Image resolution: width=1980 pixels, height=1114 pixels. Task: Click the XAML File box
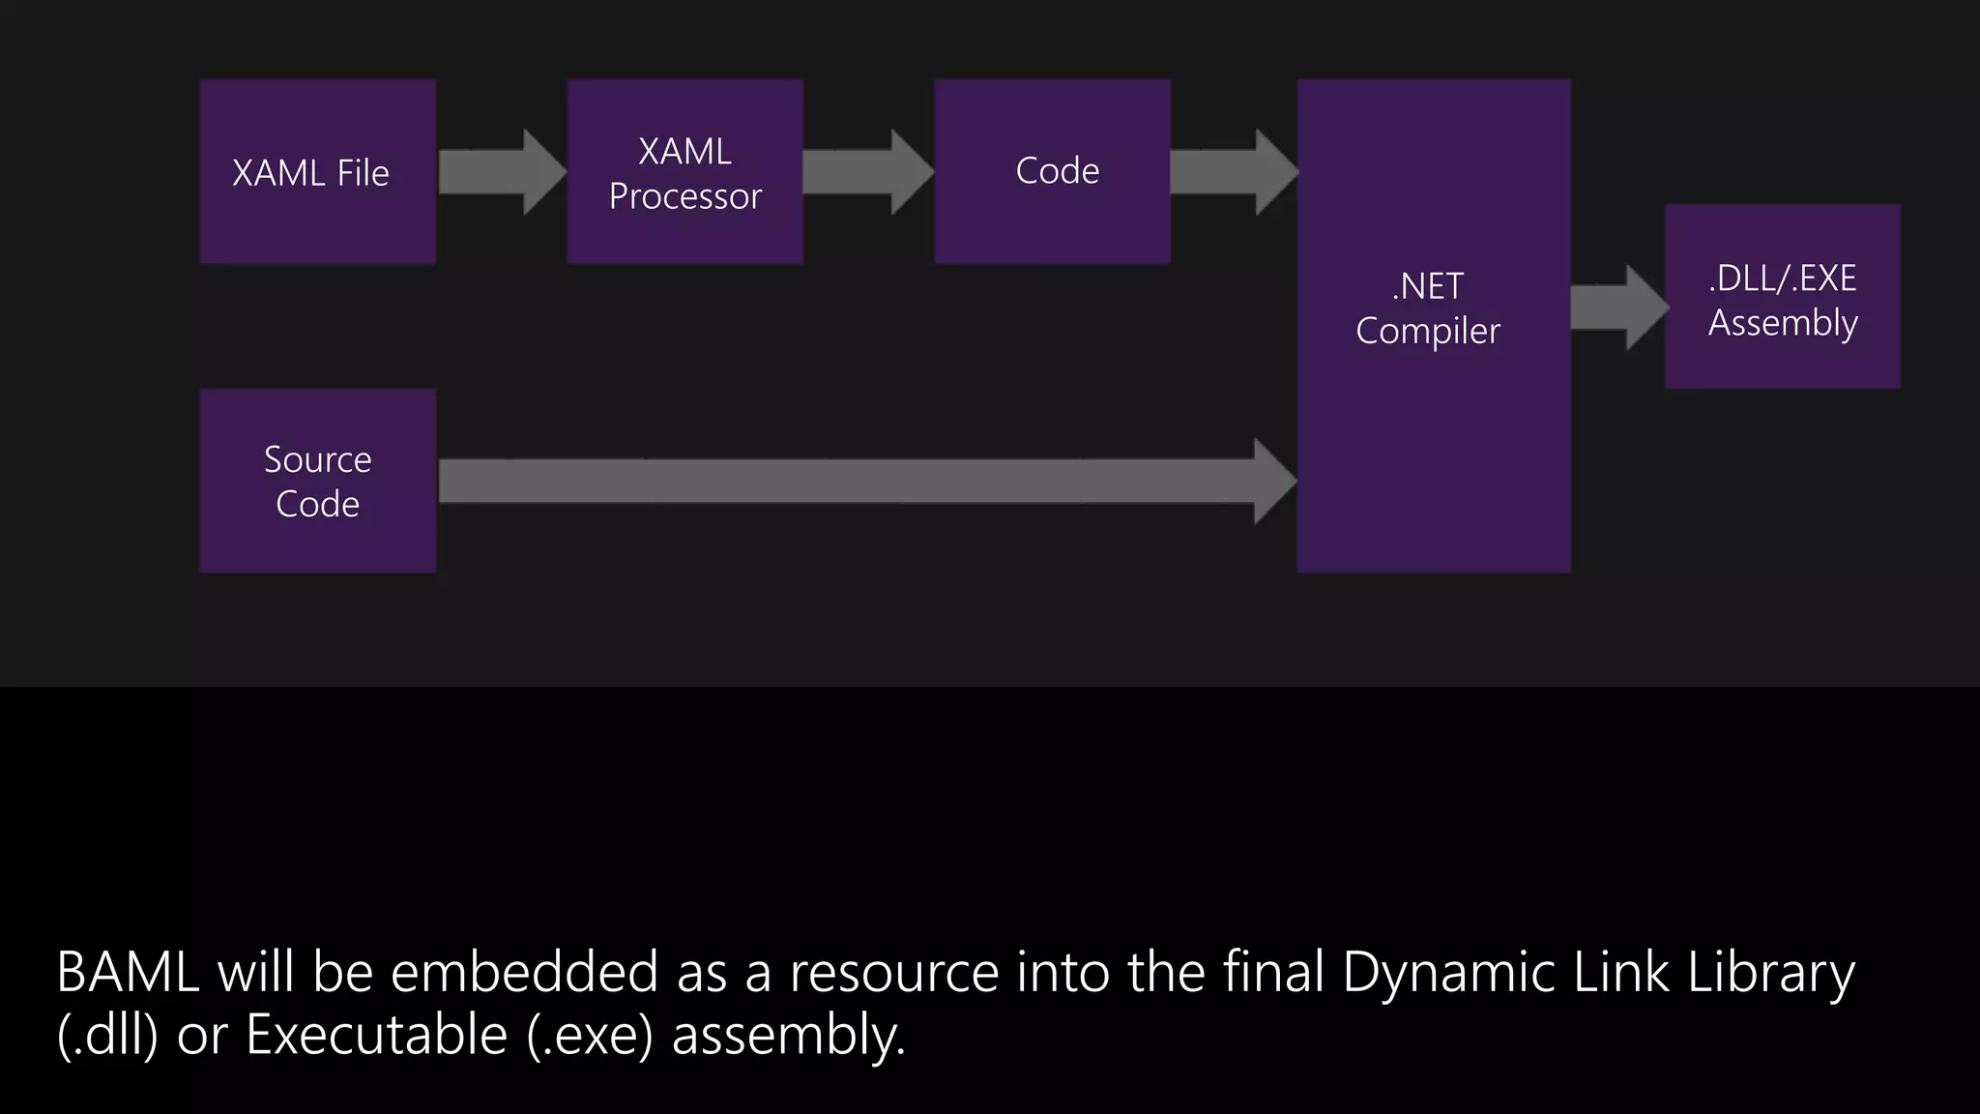[x=317, y=172]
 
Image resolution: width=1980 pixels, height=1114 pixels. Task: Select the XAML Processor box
[x=684, y=172]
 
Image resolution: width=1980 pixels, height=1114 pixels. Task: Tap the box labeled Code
[x=1052, y=172]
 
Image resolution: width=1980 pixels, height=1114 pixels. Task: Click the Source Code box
[x=317, y=481]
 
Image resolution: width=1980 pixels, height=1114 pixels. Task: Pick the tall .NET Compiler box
[x=1433, y=326]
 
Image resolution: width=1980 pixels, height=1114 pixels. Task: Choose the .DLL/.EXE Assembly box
[x=1782, y=297]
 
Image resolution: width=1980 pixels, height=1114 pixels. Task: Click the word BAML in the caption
[x=128, y=973]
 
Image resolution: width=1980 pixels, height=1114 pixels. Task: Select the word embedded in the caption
[x=524, y=973]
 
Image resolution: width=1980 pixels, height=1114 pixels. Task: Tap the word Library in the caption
[x=1771, y=973]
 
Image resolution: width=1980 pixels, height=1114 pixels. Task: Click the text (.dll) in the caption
[x=107, y=1036]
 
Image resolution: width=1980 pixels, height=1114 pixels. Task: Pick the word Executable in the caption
[x=376, y=1036]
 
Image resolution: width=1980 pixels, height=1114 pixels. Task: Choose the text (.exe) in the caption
[x=590, y=1036]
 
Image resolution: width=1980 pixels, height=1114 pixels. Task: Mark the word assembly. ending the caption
[x=788, y=1036]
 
